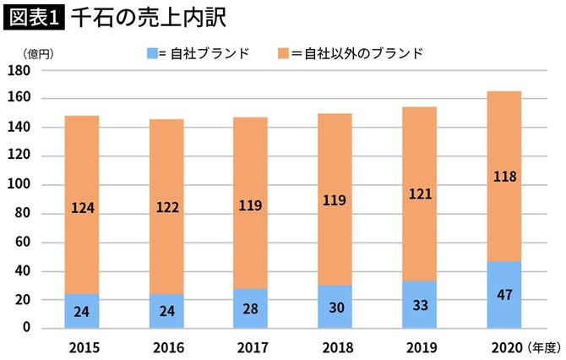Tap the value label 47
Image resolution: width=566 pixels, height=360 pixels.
coord(504,295)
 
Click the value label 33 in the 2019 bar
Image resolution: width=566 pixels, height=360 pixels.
coord(420,304)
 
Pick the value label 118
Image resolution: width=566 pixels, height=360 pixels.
coord(504,177)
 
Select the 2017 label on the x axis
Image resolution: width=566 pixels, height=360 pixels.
coord(251,346)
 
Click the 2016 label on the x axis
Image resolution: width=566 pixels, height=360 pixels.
coord(166,346)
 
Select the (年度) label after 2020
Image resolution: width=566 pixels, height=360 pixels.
coord(544,346)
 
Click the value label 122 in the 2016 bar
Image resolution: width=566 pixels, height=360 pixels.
coord(166,205)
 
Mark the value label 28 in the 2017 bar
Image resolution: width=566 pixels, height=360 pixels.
coord(251,308)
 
